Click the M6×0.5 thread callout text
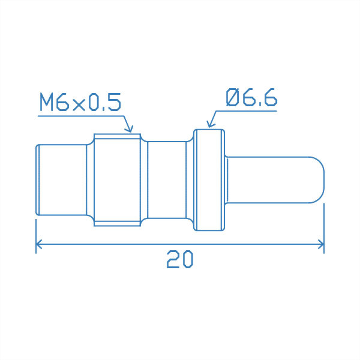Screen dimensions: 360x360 pyautogui.click(x=80, y=103)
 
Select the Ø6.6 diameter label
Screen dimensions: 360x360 pyautogui.click(x=251, y=98)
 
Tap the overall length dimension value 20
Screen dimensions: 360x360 pyautogui.click(x=179, y=259)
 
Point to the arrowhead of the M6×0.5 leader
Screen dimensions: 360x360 pyautogui.click(x=128, y=129)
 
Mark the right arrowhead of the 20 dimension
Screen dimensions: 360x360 pyautogui.click(x=322, y=244)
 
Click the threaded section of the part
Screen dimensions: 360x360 pyautogui.click(x=117, y=179)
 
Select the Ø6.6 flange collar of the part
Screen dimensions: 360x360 pyautogui.click(x=209, y=179)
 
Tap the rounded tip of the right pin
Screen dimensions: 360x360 pyautogui.click(x=319, y=179)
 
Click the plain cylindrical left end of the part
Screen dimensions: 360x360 pyautogui.click(x=60, y=179)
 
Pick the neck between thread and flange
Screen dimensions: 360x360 pyautogui.click(x=166, y=179)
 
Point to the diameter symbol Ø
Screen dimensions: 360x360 pyautogui.click(x=233, y=98)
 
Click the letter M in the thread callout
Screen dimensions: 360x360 pyautogui.click(x=47, y=103)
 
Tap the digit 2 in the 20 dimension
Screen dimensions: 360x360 pyautogui.click(x=173, y=259)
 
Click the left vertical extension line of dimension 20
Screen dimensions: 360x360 pyautogui.click(x=36, y=234)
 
